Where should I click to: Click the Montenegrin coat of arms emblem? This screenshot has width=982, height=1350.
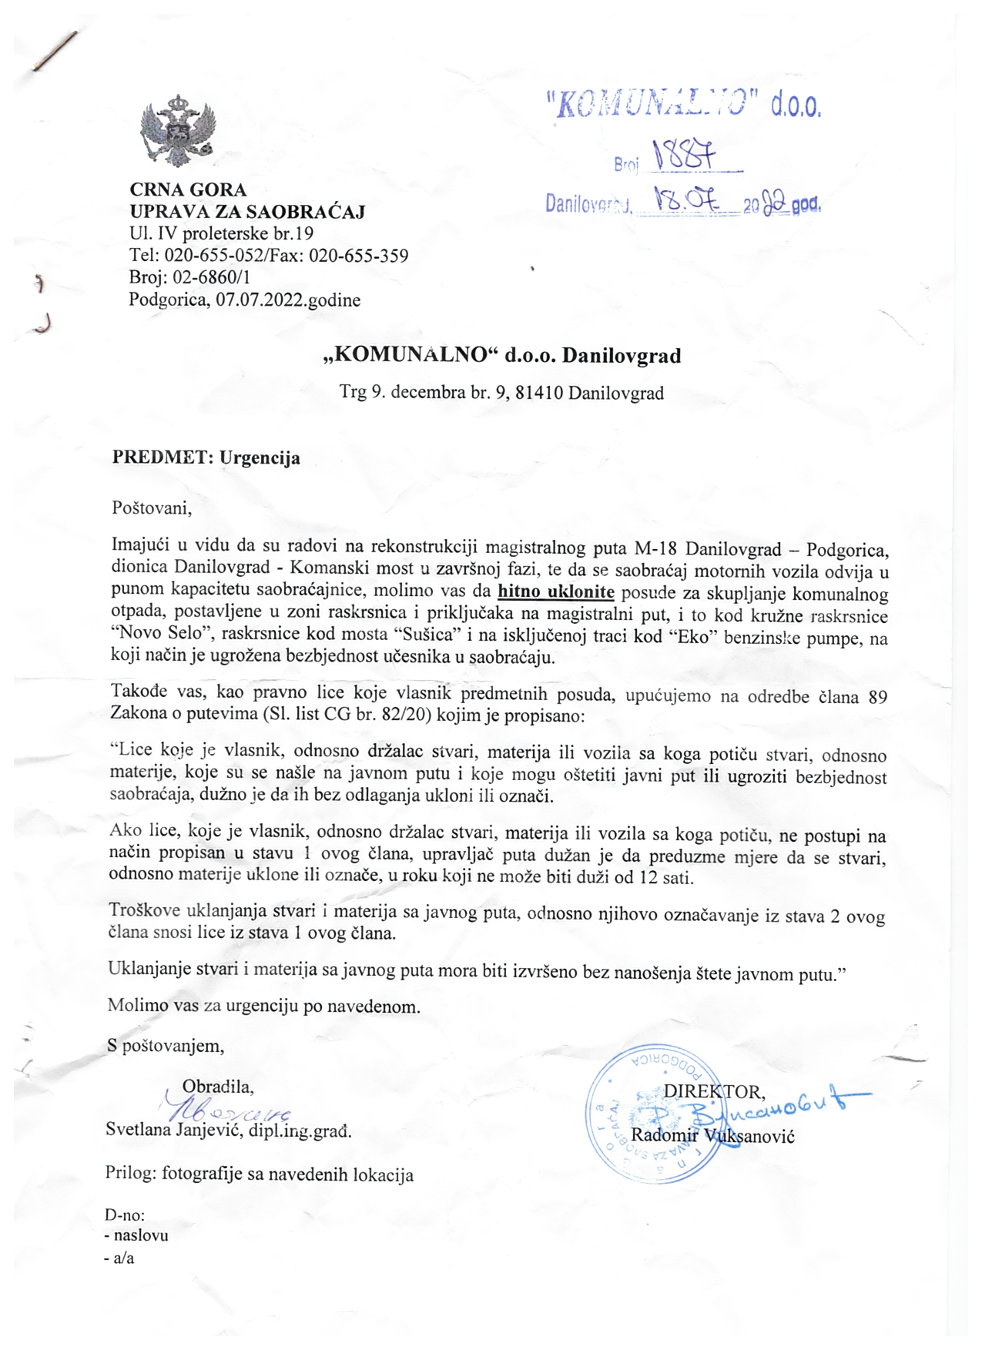pyautogui.click(x=177, y=131)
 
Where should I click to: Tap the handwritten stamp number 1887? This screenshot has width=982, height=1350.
pyautogui.click(x=684, y=156)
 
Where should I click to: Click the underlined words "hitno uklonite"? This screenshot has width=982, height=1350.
pyautogui.click(x=556, y=592)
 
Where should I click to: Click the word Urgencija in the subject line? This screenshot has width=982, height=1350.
pyautogui.click(x=260, y=457)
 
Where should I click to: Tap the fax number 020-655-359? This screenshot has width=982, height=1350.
pyautogui.click(x=358, y=256)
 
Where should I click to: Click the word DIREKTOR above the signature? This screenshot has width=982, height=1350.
pyautogui.click(x=714, y=1091)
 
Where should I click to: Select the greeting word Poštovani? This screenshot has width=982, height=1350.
pyautogui.click(x=151, y=508)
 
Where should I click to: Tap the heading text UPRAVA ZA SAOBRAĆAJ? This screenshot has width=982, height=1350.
pyautogui.click(x=247, y=212)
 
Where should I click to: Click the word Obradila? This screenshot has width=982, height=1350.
pyautogui.click(x=217, y=1087)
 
